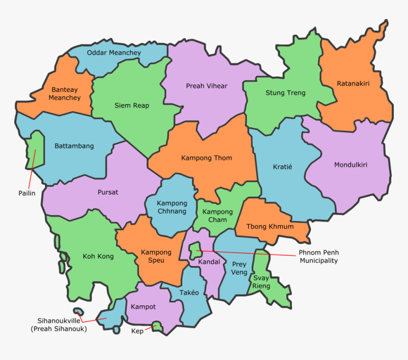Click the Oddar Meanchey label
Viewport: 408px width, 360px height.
pyautogui.click(x=113, y=53)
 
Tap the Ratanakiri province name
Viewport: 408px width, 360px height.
pyautogui.click(x=353, y=83)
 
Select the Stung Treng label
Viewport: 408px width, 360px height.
pyautogui.click(x=285, y=93)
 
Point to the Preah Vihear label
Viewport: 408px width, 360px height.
pyautogui.click(x=206, y=86)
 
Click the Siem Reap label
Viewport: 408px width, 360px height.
pyautogui.click(x=132, y=105)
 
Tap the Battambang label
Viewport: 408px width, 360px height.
pyautogui.click(x=74, y=146)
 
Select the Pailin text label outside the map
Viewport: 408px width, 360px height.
pyautogui.click(x=27, y=193)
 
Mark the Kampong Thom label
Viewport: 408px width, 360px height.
pyautogui.click(x=206, y=157)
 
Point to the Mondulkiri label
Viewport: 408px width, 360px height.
pyautogui.click(x=351, y=165)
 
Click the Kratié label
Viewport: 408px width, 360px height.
pyautogui.click(x=282, y=167)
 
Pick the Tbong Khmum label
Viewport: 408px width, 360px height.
pyautogui.click(x=271, y=226)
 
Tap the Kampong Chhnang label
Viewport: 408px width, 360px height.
pyautogui.click(x=172, y=207)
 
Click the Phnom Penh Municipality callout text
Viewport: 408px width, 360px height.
pyautogui.click(x=318, y=257)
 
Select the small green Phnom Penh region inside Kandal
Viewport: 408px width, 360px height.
pyautogui.click(x=194, y=250)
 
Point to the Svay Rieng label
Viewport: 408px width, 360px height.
pyautogui.click(x=261, y=282)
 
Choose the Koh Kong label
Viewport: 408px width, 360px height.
pyautogui.click(x=98, y=256)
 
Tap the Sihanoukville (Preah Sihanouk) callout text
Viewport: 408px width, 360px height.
pyautogui.click(x=58, y=324)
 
